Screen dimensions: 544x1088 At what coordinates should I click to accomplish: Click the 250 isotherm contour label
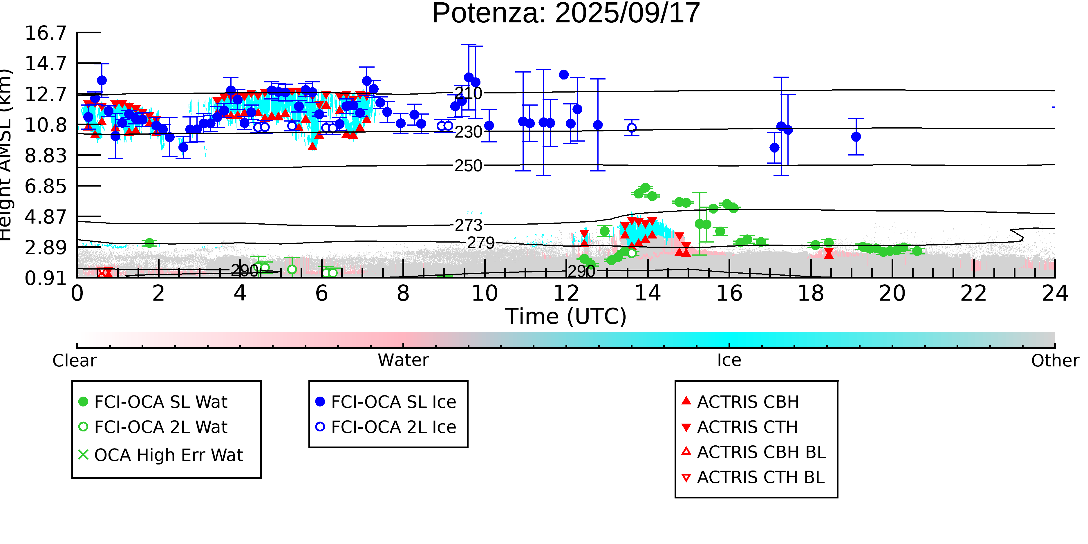468,166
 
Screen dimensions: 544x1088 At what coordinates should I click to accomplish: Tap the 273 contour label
468,225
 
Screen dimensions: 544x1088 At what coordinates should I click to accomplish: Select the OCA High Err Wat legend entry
168,455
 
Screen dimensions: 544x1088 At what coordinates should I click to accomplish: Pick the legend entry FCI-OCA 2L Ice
393,427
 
